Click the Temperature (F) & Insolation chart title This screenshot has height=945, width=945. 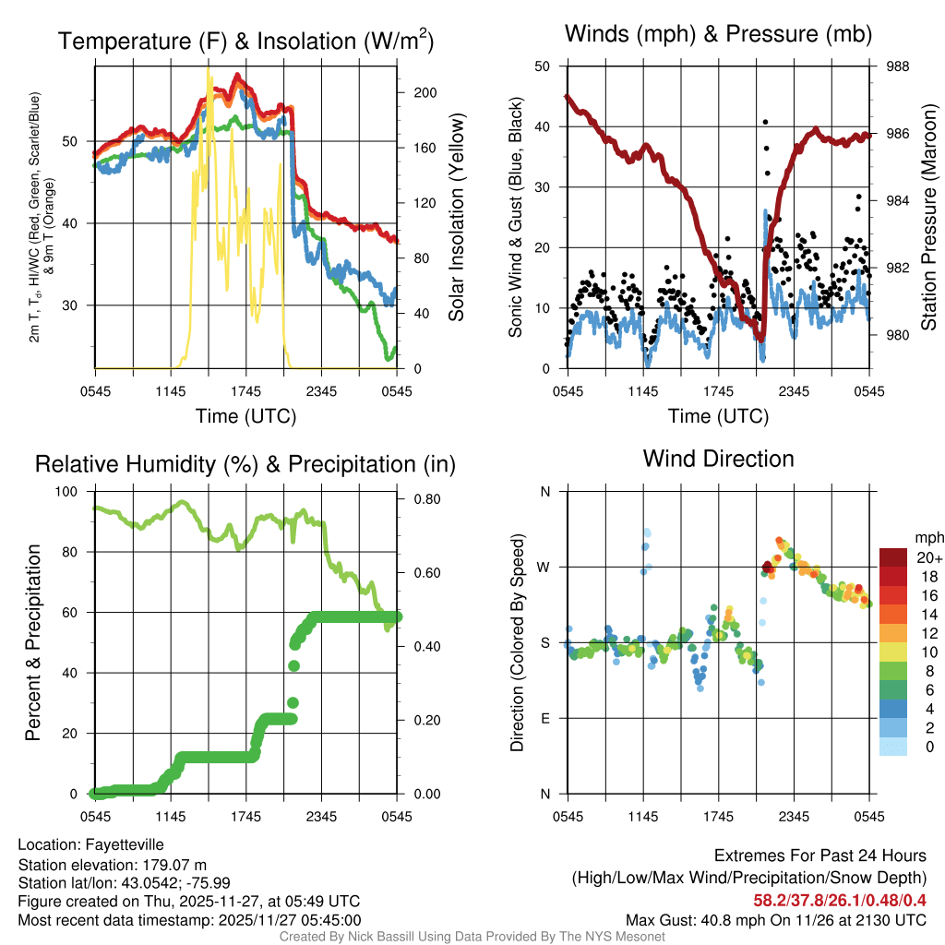pos(245,42)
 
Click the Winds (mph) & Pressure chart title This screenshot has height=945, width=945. pos(718,34)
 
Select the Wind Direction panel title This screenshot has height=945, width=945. pos(718,459)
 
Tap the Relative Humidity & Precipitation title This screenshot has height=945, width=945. pos(245,464)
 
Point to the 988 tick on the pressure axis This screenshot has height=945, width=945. pos(898,66)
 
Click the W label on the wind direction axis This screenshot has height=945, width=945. pos(544,567)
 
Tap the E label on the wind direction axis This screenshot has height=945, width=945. pos(545,718)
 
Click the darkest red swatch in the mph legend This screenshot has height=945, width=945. pos(892,557)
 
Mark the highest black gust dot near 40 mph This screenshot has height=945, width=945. pos(764,122)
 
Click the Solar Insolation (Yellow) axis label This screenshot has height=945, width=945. pos(456,218)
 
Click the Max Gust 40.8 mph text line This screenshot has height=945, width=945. pos(775,919)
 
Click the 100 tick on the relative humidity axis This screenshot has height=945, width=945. pos(78,492)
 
